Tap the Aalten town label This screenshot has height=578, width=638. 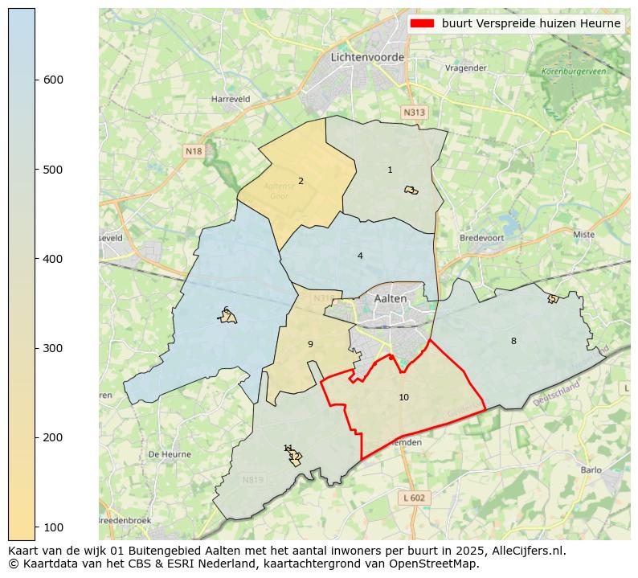pyautogui.click(x=391, y=297)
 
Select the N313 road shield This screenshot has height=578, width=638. pyautogui.click(x=414, y=113)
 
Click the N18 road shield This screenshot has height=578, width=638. pyautogui.click(x=194, y=150)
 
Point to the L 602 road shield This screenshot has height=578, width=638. pyautogui.click(x=415, y=498)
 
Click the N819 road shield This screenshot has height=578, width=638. pyautogui.click(x=252, y=480)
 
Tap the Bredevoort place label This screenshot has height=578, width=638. pyautogui.click(x=481, y=238)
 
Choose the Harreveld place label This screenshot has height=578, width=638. pyautogui.click(x=231, y=99)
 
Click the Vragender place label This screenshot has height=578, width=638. pyautogui.click(x=466, y=68)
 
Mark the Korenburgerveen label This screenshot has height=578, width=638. pyautogui.click(x=574, y=72)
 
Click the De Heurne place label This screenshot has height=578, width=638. pyautogui.click(x=170, y=454)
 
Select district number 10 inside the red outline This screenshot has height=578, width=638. pyautogui.click(x=403, y=397)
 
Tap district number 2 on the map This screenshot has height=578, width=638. pyautogui.click(x=301, y=181)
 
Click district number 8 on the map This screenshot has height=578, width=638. pyautogui.click(x=513, y=341)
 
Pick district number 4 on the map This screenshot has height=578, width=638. pyautogui.click(x=360, y=256)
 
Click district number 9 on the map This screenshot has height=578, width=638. pyautogui.click(x=310, y=344)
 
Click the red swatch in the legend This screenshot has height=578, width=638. pyautogui.click(x=422, y=23)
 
